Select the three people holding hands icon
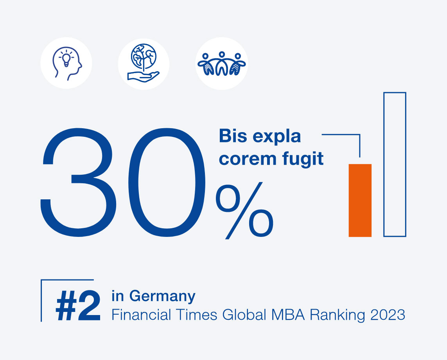221,63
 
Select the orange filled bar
360,200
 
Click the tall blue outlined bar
395,164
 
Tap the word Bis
231,136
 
